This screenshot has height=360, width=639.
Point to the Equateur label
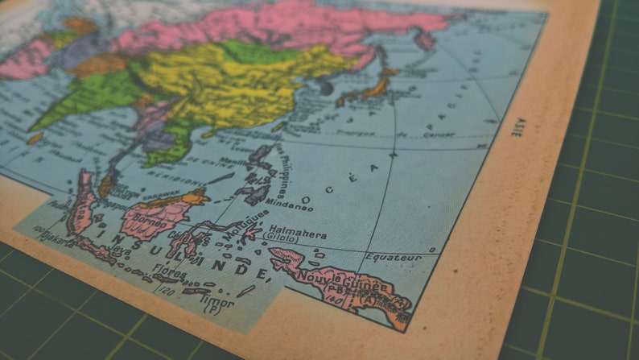pyautogui.click(x=393, y=258)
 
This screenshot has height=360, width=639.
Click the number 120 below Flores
pyautogui.click(x=165, y=288)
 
